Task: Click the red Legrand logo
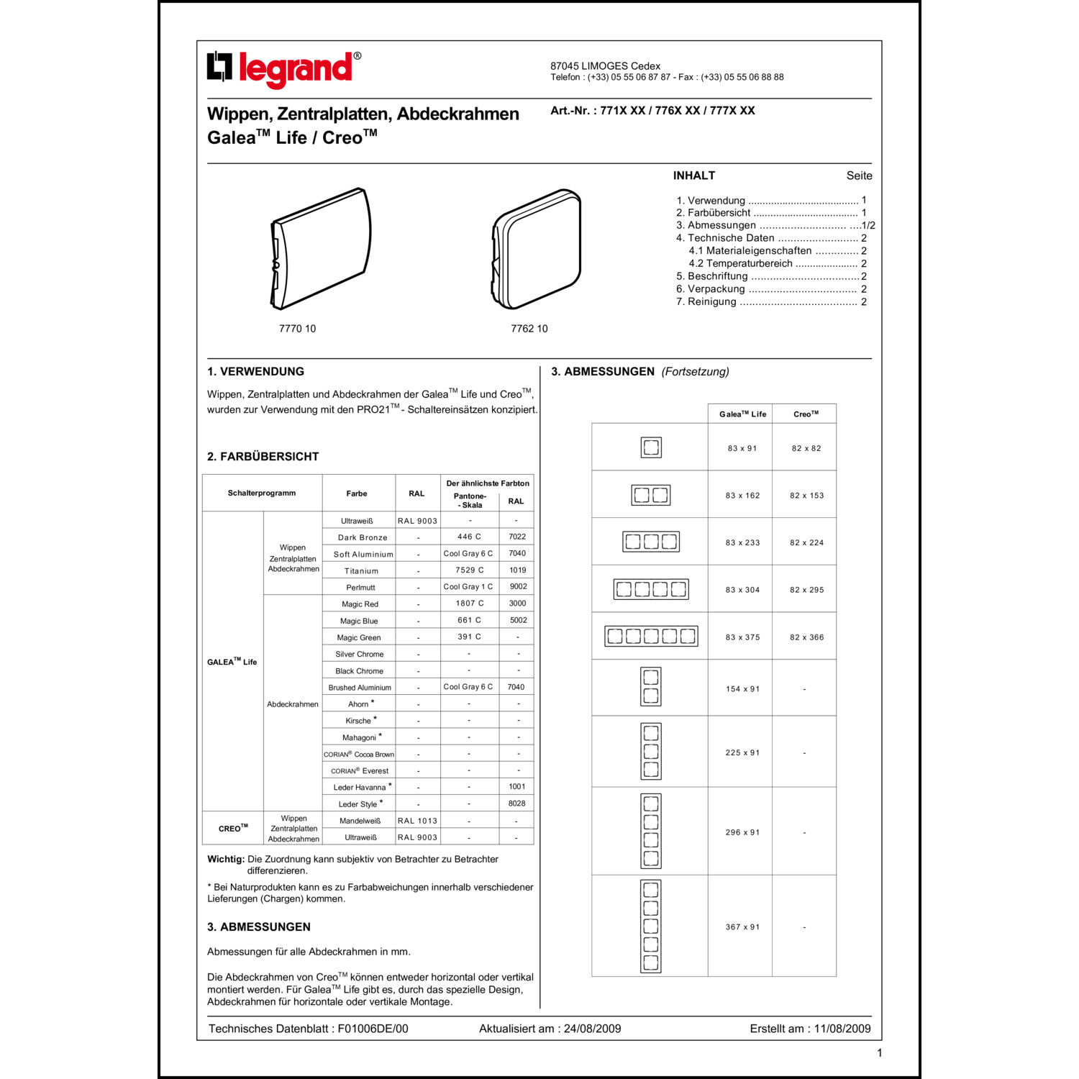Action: point(284,69)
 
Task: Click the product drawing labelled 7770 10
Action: point(321,249)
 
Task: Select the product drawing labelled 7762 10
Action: point(537,249)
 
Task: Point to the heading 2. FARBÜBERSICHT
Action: point(263,457)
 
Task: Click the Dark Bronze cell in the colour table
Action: point(363,537)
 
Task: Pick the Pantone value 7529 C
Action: point(469,570)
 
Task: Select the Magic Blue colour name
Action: point(359,621)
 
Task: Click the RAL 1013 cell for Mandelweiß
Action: point(417,821)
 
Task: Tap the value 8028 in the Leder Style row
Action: point(516,803)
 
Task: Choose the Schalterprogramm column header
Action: point(262,493)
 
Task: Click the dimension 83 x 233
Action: point(742,542)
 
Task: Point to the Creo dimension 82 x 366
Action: point(806,637)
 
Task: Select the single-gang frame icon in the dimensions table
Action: point(651,447)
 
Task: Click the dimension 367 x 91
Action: point(742,927)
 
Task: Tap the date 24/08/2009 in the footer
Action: point(592,1029)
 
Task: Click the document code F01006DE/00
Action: point(373,1029)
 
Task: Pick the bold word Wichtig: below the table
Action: point(226,859)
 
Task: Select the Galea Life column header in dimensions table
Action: point(742,414)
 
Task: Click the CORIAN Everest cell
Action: point(360,770)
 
